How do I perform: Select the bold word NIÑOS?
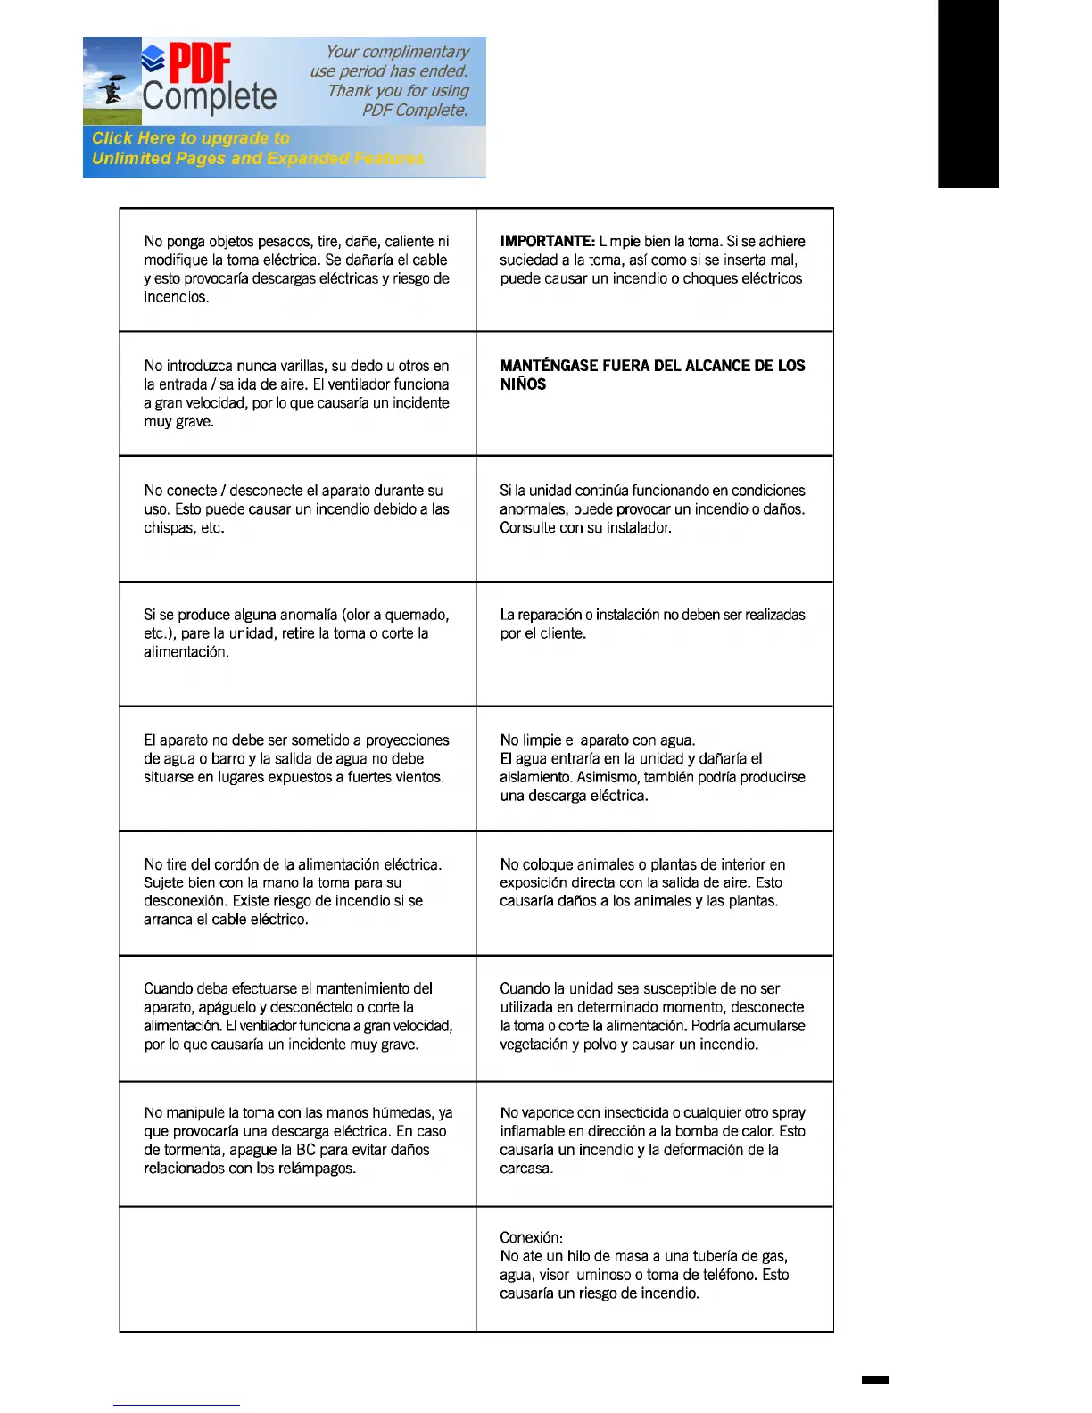pos(523,384)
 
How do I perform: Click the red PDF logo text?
pos(200,63)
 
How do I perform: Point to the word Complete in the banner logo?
pos(210,96)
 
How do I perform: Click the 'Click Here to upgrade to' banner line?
pos(191,138)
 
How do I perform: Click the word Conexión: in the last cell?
pos(531,1237)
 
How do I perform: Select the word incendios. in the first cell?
pos(177,297)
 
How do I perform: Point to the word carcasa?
pos(526,1169)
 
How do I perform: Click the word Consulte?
pos(526,528)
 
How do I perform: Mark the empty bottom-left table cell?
pos(298,1268)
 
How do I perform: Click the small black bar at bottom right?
pos(875,1380)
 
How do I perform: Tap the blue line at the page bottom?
pos(177,1405)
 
